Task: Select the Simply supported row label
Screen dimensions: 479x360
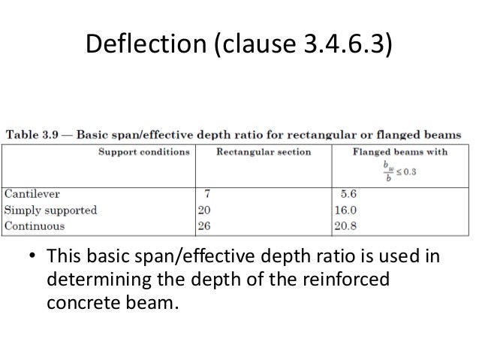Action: [x=51, y=210]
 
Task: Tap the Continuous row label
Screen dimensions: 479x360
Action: [x=35, y=225]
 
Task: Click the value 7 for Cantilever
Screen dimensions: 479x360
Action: [x=206, y=195]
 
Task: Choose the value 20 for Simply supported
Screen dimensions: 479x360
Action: [x=204, y=210]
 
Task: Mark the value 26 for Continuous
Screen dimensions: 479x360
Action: [x=204, y=225]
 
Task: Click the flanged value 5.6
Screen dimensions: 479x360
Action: [x=343, y=195]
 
